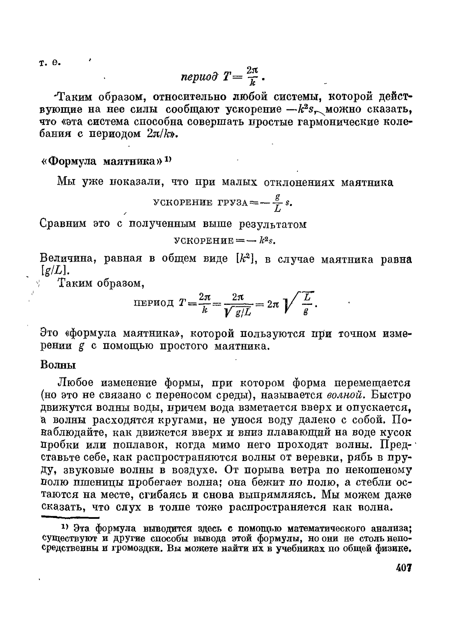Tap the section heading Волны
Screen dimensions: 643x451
click(x=58, y=365)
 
